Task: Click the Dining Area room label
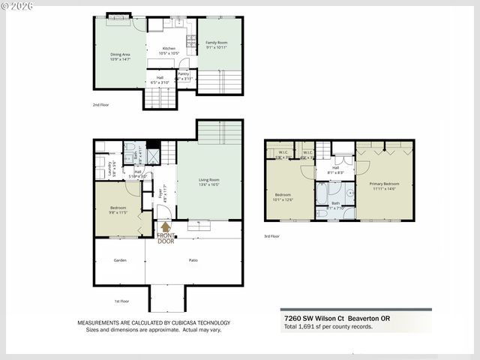point(120,54)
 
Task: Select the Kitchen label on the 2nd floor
point(169,48)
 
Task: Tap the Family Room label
point(217,43)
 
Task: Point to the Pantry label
point(184,73)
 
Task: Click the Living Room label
point(209,179)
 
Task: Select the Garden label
point(119,260)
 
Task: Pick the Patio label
point(193,260)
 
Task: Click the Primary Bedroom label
point(383,183)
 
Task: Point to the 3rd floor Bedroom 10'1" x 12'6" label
point(283,194)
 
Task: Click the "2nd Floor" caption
point(100,105)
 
